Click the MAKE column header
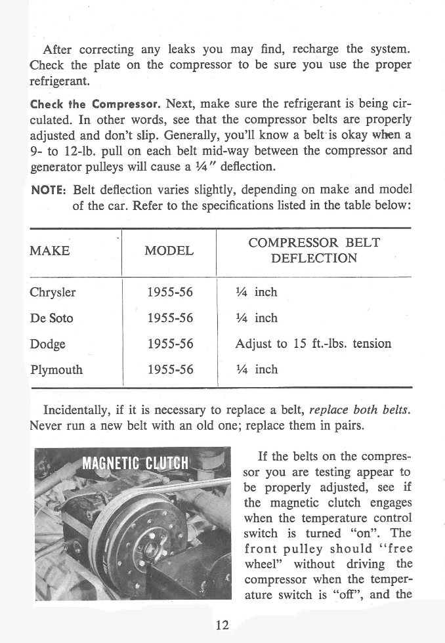coord(50,251)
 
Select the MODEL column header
coord(169,251)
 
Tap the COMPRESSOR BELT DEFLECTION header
coord(314,250)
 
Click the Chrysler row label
coord(53,293)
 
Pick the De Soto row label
coord(52,318)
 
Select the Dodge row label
coord(48,344)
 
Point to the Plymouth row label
coord(56,369)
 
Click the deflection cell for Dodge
coord(313,344)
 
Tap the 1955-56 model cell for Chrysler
coord(169,293)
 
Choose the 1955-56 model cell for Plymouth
coord(169,369)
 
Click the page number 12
coord(222,625)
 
